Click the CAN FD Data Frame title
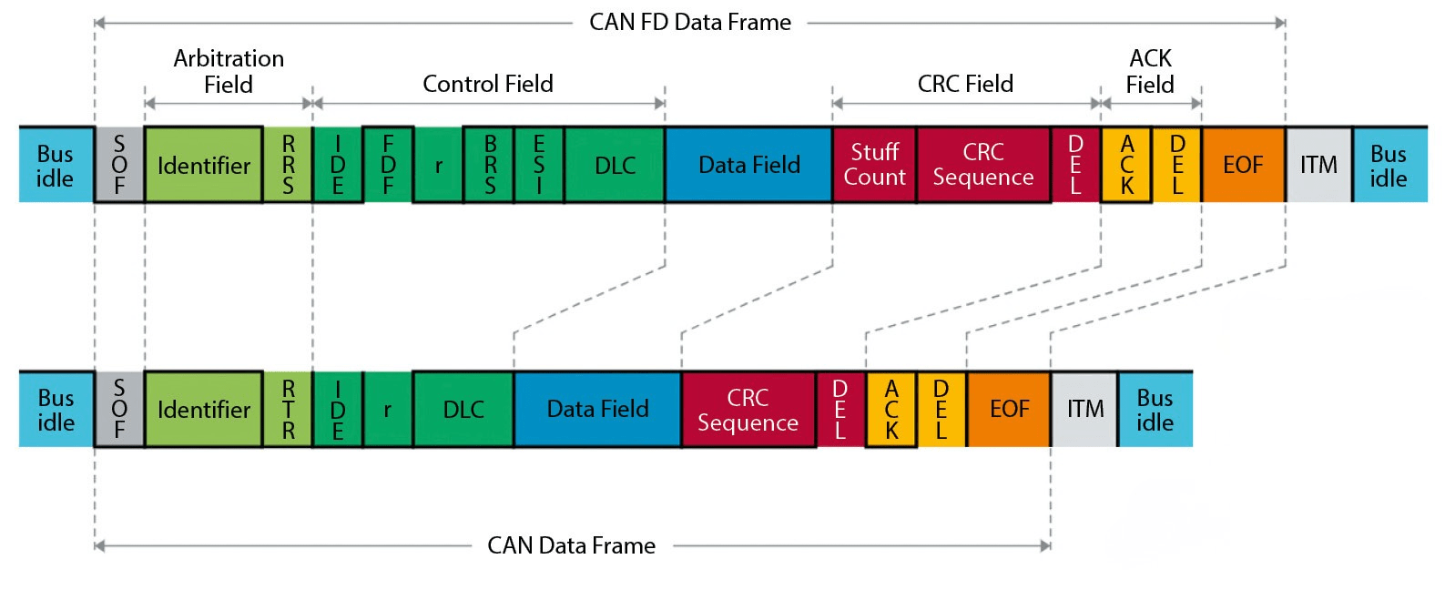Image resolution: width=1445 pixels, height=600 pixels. (x=689, y=22)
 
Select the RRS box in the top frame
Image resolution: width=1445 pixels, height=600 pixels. (x=288, y=165)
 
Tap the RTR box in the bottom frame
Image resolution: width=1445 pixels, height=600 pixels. (x=288, y=410)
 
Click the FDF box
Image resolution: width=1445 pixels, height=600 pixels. (x=388, y=165)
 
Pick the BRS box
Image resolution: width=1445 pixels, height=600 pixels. (x=489, y=165)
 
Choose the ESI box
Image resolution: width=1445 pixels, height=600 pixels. (x=539, y=165)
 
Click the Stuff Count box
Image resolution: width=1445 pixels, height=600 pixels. (x=874, y=165)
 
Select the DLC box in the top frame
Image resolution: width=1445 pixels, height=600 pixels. (x=615, y=165)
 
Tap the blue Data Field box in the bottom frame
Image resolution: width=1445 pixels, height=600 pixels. (x=597, y=410)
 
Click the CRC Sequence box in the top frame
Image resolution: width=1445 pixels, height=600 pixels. (x=983, y=165)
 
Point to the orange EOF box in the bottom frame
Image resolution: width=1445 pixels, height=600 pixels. (x=1009, y=410)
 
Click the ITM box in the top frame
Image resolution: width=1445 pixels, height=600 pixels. (x=1318, y=165)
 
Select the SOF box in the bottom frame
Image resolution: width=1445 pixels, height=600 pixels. (x=119, y=410)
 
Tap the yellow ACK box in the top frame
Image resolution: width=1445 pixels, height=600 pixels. (x=1126, y=165)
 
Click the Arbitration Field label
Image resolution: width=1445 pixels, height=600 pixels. (x=229, y=71)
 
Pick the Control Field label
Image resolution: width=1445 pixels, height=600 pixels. (x=487, y=84)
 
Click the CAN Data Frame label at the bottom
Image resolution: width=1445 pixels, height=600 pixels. (x=571, y=545)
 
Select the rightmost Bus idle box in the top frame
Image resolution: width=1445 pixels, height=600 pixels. (x=1389, y=165)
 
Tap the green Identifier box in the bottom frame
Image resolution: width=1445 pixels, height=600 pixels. (x=203, y=410)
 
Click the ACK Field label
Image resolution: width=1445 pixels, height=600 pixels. (x=1150, y=71)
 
